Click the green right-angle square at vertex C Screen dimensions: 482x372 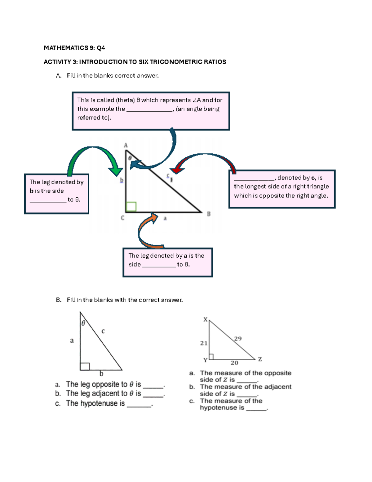pyautogui.click(x=131, y=206)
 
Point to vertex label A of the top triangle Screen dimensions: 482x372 pyautogui.click(x=126, y=145)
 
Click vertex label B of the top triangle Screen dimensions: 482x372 pyautogui.click(x=209, y=214)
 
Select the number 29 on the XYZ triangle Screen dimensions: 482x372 pyautogui.click(x=238, y=339)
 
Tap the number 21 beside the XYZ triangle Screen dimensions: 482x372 pyautogui.click(x=204, y=343)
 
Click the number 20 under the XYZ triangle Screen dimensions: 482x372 pyautogui.click(x=234, y=363)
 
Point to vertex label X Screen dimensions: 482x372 pyautogui.click(x=205, y=319)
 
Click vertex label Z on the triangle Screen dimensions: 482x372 pyautogui.click(x=260, y=359)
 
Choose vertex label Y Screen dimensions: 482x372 pyautogui.click(x=205, y=360)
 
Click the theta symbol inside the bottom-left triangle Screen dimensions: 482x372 pyautogui.click(x=83, y=323)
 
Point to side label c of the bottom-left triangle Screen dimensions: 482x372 pyautogui.click(x=103, y=331)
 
